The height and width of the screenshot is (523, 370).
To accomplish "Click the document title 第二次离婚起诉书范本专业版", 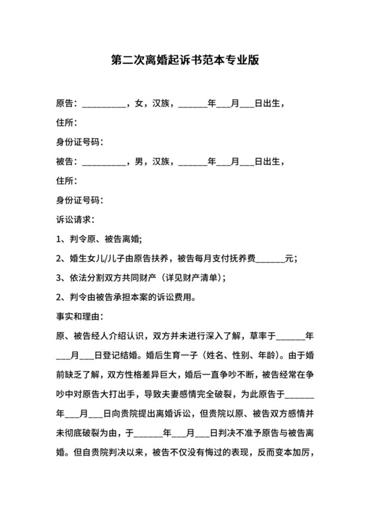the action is click(184, 59).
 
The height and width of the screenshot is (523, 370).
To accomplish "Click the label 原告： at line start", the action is click(67, 103).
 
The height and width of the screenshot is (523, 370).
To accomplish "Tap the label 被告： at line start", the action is click(67, 161).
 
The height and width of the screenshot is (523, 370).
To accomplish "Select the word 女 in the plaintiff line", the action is click(138, 103).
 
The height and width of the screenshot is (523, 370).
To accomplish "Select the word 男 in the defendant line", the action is click(138, 161).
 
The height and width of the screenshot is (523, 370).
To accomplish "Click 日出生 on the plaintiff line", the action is click(270, 103).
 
